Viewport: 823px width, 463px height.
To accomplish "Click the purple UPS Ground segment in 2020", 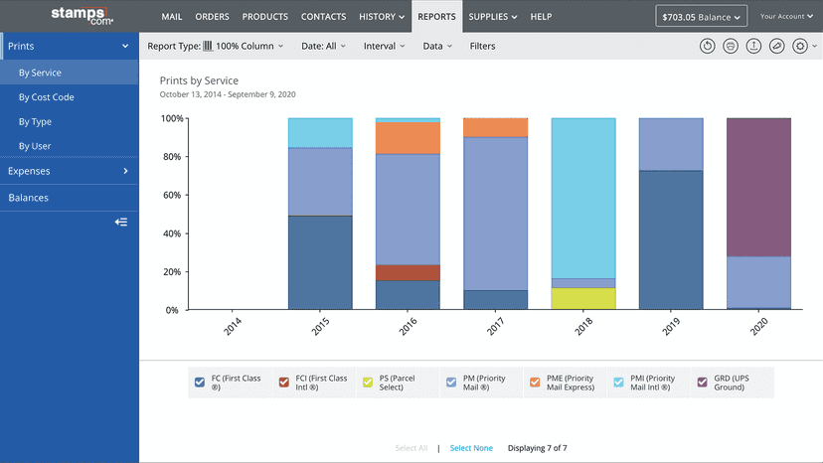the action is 758,188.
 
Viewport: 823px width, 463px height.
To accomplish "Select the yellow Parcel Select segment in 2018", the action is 583,299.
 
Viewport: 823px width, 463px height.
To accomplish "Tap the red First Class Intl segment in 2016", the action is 408,273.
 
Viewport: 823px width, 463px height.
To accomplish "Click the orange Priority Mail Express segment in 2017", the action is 495,127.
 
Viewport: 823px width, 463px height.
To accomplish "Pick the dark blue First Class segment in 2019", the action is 671,239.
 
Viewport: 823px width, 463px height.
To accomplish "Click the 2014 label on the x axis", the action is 233,326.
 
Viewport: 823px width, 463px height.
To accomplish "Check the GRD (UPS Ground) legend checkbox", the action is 703,383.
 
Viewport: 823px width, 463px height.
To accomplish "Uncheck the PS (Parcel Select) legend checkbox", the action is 368,383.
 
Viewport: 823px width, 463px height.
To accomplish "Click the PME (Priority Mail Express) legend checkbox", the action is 535,383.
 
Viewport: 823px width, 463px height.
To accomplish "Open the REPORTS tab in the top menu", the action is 436,17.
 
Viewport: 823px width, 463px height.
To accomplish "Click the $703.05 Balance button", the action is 701,17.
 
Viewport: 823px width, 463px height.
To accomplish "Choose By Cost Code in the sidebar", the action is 46,97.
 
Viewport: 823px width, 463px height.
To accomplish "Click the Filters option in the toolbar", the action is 482,46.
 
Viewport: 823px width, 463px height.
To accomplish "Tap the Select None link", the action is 471,448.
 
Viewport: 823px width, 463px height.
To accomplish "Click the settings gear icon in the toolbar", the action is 800,46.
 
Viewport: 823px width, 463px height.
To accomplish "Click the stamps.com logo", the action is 82,16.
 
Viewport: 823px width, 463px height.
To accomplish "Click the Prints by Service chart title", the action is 199,80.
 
